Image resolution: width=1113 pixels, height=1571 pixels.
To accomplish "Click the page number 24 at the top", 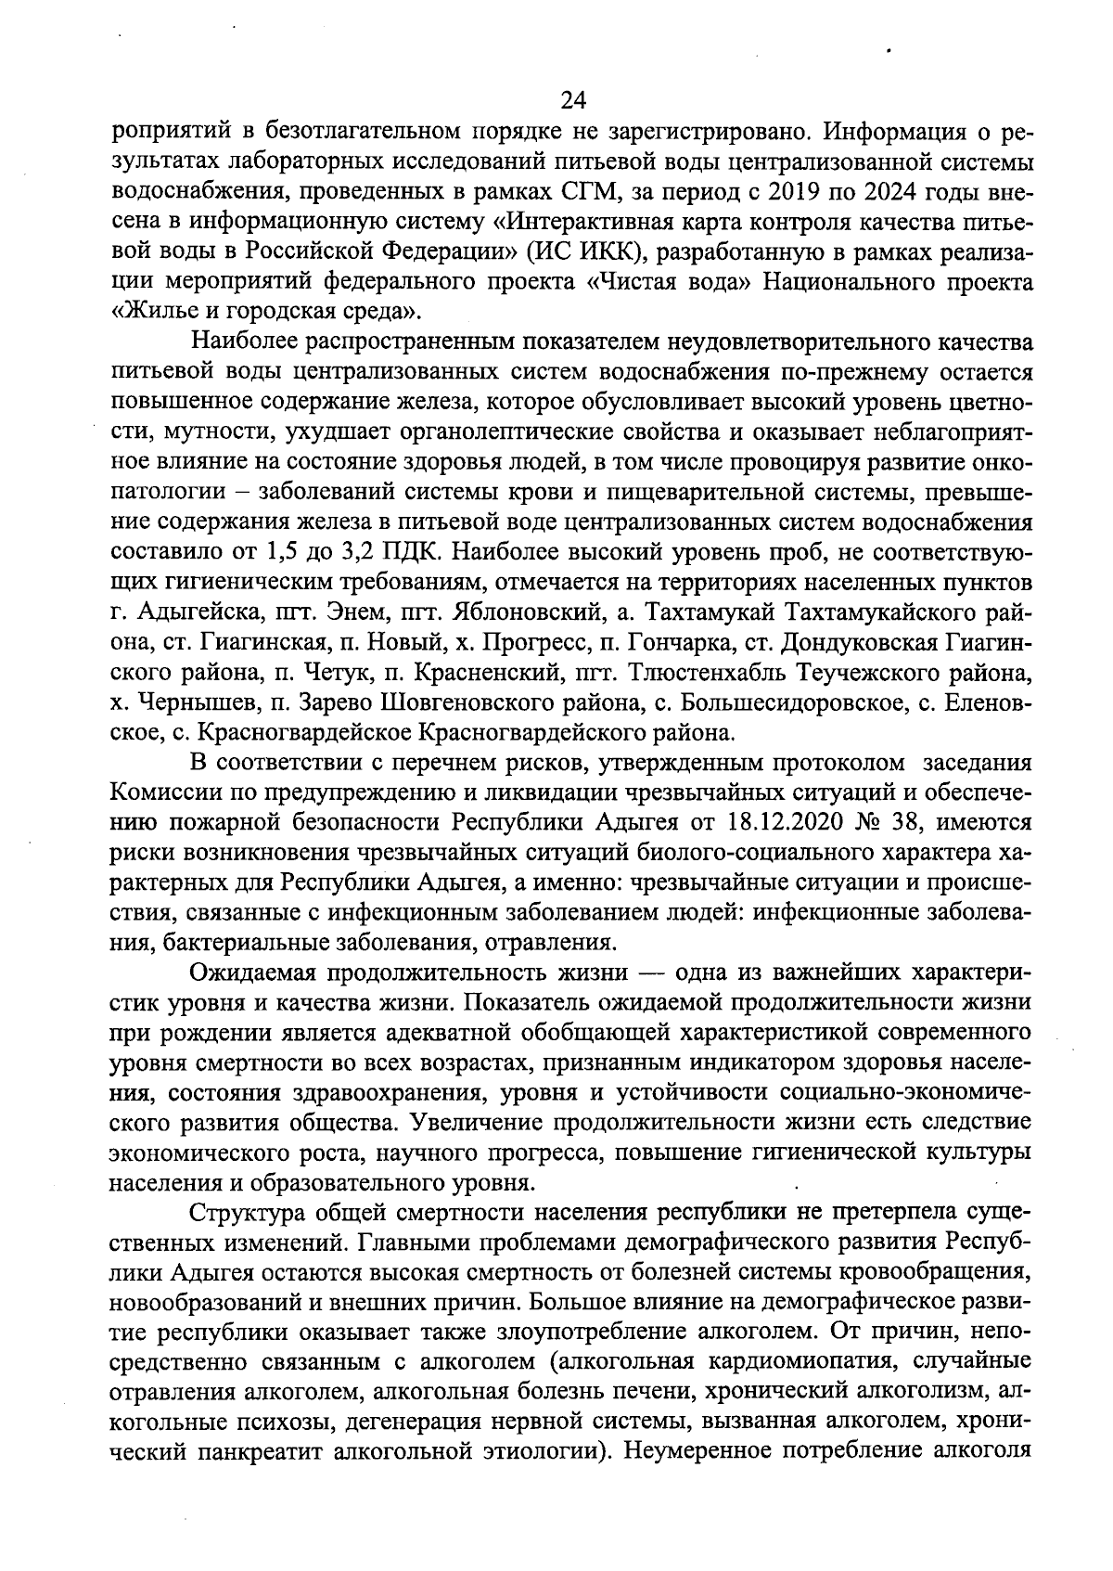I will pos(574,99).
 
